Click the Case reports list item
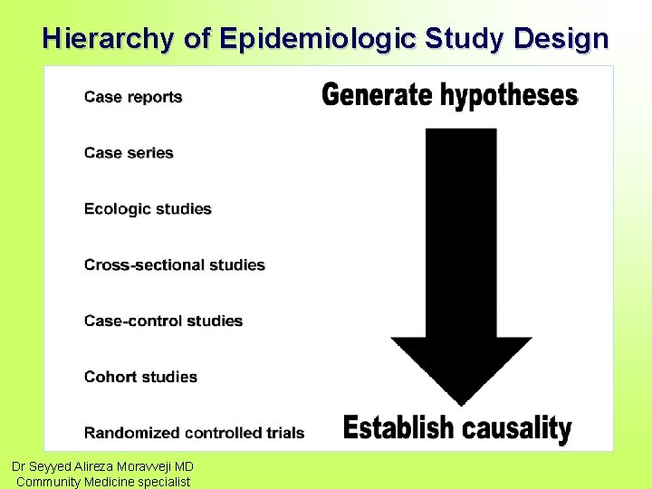[133, 97]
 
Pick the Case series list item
[129, 153]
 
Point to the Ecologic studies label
[148, 209]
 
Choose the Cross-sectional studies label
[175, 265]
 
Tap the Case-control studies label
[163, 321]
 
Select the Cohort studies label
[140, 377]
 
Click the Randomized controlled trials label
[194, 433]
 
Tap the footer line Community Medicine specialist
[103, 482]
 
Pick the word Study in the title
[465, 39]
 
